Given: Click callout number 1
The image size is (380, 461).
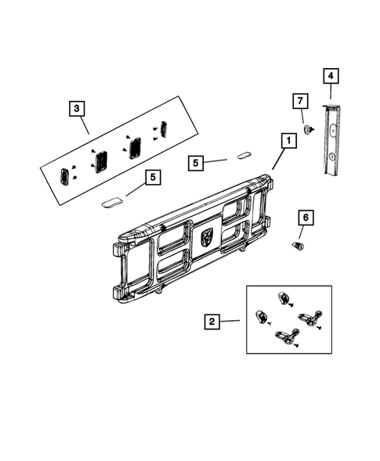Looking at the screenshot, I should (x=288, y=141).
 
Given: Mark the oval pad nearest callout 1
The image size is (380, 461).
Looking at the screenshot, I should (x=241, y=155).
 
